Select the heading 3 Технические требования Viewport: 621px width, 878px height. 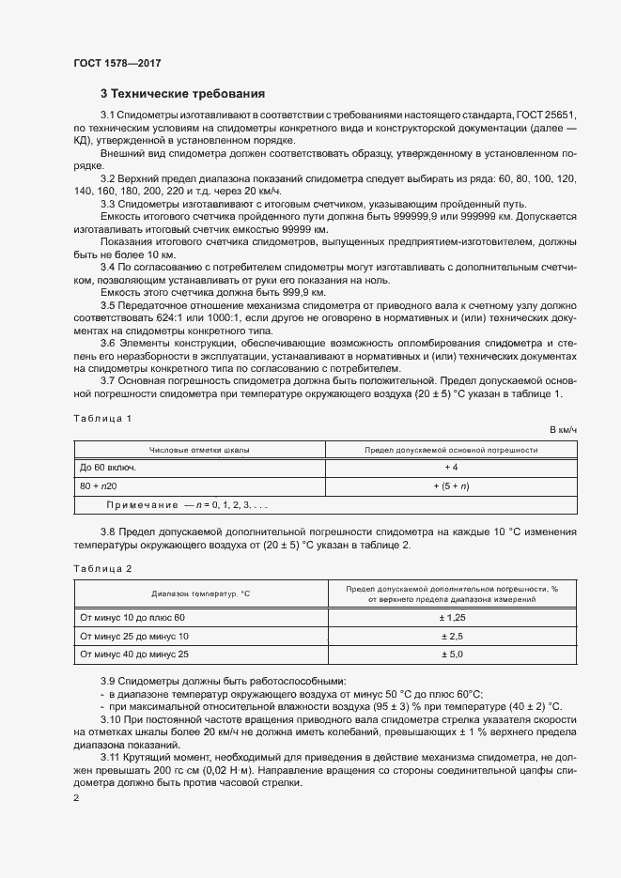click(182, 94)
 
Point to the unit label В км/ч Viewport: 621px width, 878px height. click(562, 429)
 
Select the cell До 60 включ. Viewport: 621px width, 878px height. click(108, 467)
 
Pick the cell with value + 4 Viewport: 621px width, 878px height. click(451, 467)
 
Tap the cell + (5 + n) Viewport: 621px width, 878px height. click(451, 485)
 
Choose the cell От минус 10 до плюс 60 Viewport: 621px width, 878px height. click(132, 617)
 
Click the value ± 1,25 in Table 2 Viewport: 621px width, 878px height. click(451, 617)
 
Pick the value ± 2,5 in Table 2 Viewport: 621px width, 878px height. click(451, 636)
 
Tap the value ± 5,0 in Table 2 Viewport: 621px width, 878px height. click(451, 654)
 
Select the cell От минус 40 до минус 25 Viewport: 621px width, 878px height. click(134, 654)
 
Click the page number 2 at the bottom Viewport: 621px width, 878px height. click(76, 797)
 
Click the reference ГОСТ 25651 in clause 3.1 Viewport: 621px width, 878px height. click(547, 114)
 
